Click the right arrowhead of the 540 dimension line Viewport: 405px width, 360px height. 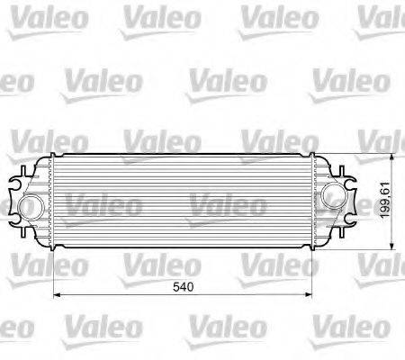pos(311,293)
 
